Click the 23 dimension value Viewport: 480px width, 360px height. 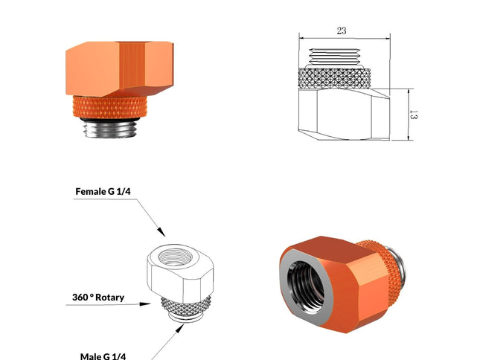pyautogui.click(x=342, y=30)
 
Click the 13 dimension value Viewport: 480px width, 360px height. pyautogui.click(x=413, y=115)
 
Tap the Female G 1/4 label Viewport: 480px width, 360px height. pyautogui.click(x=103, y=191)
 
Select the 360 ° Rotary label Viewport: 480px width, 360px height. pyautogui.click(x=98, y=298)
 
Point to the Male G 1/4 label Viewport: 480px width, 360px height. pyautogui.click(x=103, y=356)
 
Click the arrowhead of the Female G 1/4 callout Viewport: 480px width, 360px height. pyautogui.click(x=161, y=232)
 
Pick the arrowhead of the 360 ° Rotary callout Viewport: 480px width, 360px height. pyautogui.click(x=145, y=304)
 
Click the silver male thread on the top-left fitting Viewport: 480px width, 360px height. pyautogui.click(x=110, y=129)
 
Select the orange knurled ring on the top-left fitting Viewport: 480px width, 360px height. pyautogui.click(x=109, y=107)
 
